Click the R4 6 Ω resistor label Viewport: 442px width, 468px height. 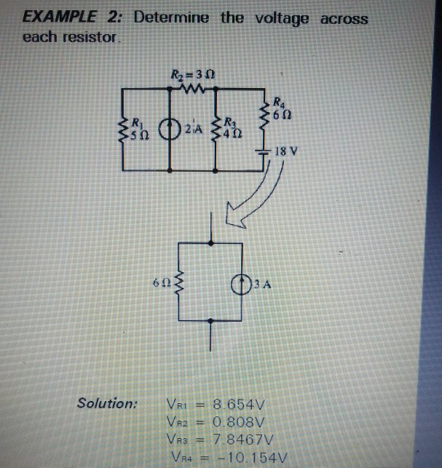click(281, 109)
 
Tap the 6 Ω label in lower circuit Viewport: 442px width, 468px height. click(162, 282)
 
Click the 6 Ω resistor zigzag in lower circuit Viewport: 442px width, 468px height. click(181, 282)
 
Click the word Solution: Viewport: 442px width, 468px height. click(108, 403)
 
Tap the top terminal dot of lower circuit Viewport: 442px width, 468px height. click(212, 242)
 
